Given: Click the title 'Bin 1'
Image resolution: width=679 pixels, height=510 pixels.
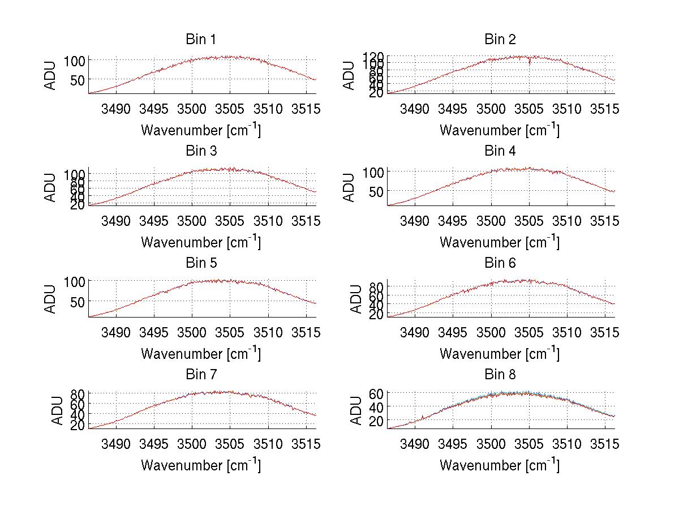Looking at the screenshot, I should pos(200,40).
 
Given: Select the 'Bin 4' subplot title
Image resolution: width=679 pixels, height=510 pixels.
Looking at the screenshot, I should pos(500,151).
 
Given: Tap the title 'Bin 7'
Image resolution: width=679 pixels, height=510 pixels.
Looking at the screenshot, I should pos(200,375).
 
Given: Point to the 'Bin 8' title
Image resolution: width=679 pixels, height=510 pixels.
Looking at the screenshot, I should pos(500,375).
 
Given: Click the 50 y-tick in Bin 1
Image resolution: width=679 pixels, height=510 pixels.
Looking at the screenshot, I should pos(78,80).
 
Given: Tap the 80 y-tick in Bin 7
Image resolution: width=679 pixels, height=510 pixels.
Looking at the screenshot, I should pos(78,393).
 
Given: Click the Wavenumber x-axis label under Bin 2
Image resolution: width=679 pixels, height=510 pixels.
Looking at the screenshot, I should pos(500,130).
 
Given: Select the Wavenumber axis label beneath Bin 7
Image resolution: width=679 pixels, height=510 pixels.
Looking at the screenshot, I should pos(200,465).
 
